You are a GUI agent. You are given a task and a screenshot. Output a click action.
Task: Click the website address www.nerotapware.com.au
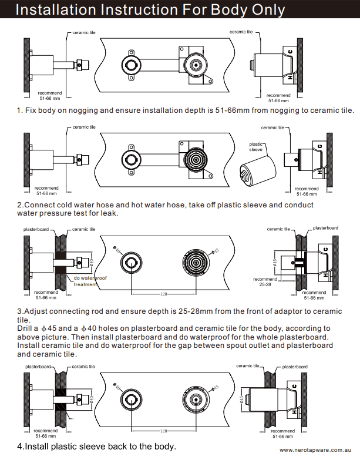[x=315, y=449]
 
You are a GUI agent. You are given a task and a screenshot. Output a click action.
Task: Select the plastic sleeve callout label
[x=257, y=147]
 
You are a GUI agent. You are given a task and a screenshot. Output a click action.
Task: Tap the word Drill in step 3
[x=28, y=328]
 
